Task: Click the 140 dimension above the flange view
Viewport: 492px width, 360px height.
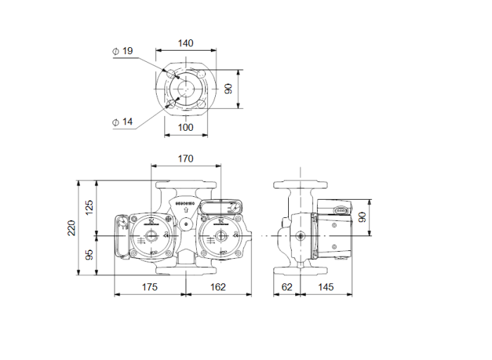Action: (x=185, y=43)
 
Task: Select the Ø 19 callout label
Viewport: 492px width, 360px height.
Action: (x=122, y=51)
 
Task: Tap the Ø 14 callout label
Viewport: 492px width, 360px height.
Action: (x=122, y=122)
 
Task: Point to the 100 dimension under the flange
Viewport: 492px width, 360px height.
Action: (x=185, y=127)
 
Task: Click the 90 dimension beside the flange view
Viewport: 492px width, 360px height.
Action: (x=228, y=89)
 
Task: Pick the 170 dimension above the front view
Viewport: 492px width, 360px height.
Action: (x=185, y=159)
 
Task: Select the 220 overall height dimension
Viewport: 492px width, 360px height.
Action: (x=71, y=228)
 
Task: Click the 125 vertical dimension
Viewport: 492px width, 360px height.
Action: (x=89, y=208)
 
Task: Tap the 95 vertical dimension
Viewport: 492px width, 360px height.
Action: (x=89, y=255)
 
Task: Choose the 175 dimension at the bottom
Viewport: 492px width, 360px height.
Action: (x=149, y=287)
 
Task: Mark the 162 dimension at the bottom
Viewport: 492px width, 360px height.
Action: (x=218, y=287)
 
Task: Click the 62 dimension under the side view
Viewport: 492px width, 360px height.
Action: (x=287, y=287)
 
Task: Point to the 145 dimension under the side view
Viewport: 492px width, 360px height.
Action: (x=325, y=287)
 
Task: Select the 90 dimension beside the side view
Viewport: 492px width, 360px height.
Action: (x=363, y=217)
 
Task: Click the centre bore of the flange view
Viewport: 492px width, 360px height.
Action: (x=186, y=89)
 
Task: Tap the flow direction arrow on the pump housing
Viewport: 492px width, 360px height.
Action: (x=185, y=210)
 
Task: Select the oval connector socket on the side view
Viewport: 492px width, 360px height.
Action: (x=340, y=210)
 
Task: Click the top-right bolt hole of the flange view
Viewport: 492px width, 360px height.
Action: (x=200, y=74)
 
